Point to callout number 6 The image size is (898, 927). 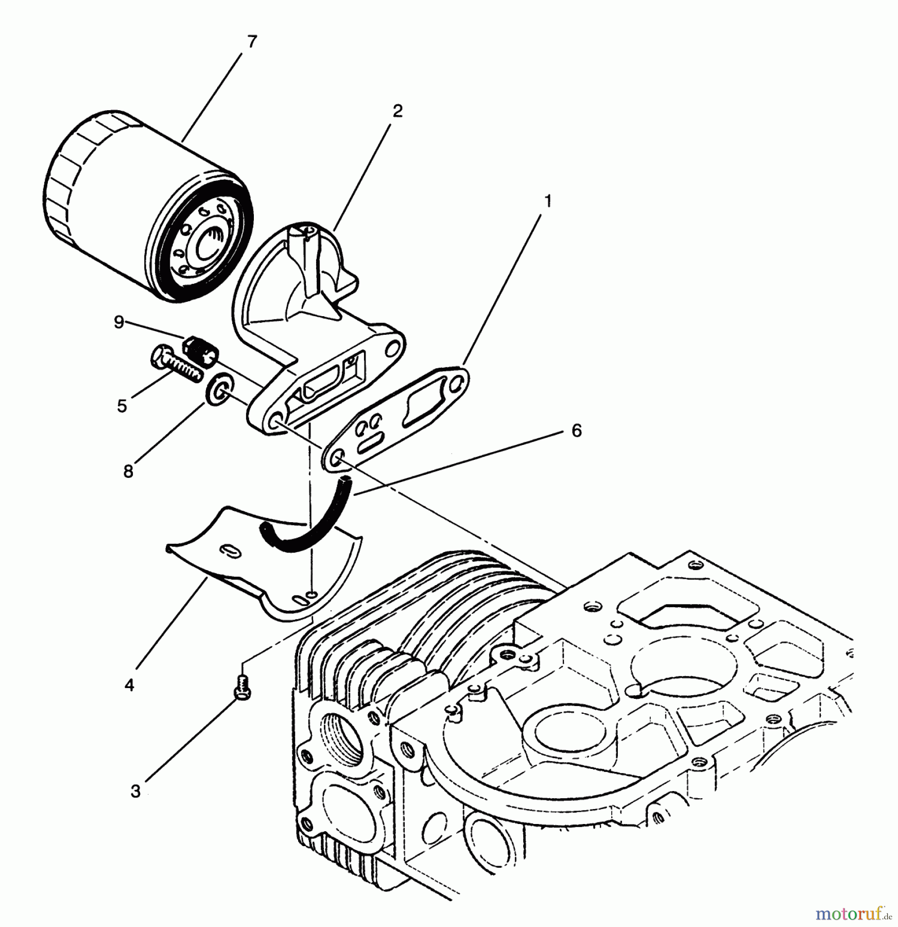(576, 431)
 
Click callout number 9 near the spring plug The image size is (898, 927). (119, 323)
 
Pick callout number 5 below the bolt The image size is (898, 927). (122, 406)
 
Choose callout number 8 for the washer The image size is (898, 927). (128, 471)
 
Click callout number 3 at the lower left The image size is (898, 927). (135, 792)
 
